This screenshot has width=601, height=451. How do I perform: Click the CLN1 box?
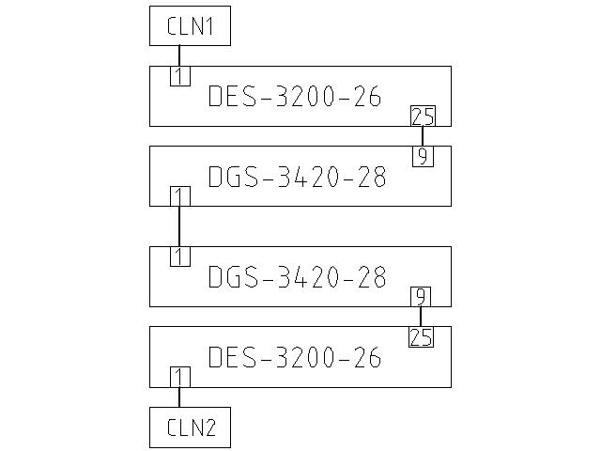pyautogui.click(x=190, y=26)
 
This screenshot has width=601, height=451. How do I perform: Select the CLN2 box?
pyautogui.click(x=190, y=428)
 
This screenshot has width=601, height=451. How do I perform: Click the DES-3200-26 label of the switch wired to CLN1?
pyautogui.click(x=294, y=97)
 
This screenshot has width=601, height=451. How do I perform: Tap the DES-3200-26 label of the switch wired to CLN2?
pyautogui.click(x=294, y=357)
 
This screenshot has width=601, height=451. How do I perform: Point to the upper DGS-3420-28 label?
pyautogui.click(x=297, y=177)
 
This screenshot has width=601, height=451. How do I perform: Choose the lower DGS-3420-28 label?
pyautogui.click(x=297, y=277)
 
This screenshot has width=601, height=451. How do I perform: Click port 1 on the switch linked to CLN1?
pyautogui.click(x=179, y=76)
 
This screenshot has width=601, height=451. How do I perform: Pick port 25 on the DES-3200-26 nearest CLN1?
pyautogui.click(x=423, y=117)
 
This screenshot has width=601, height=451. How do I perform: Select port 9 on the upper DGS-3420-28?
pyautogui.click(x=423, y=156)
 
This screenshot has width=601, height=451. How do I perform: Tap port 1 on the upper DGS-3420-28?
pyautogui.click(x=179, y=196)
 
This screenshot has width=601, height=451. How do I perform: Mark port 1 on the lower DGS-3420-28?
pyautogui.click(x=179, y=257)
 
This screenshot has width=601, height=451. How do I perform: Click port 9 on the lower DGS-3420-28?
pyautogui.click(x=422, y=297)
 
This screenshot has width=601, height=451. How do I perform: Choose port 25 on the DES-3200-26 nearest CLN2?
pyautogui.click(x=422, y=337)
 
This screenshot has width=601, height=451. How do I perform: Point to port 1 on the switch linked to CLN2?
pyautogui.click(x=179, y=378)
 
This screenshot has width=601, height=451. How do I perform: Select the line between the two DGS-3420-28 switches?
pyautogui.click(x=179, y=226)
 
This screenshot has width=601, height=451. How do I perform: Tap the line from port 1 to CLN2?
pyautogui.click(x=179, y=397)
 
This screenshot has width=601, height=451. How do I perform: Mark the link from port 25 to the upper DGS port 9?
pyautogui.click(x=423, y=136)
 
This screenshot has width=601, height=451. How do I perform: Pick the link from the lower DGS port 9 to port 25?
pyautogui.click(x=422, y=317)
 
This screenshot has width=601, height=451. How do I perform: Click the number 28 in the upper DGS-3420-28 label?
pyautogui.click(x=370, y=177)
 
